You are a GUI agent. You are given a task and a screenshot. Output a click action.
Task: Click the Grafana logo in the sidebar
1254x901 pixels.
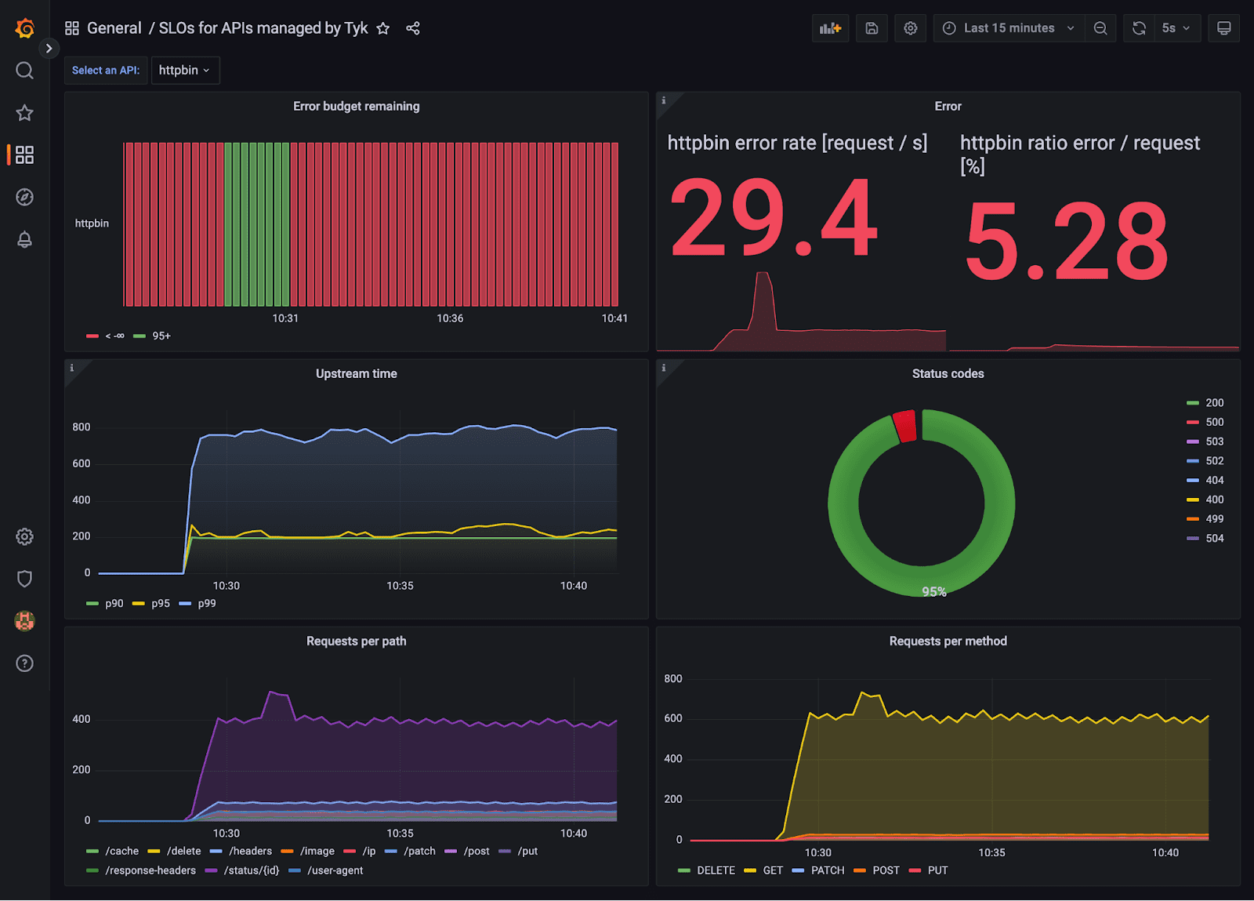point(25,28)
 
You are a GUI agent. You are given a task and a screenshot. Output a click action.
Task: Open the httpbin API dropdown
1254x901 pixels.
point(185,70)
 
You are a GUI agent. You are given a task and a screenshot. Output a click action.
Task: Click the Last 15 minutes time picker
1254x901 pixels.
point(1008,28)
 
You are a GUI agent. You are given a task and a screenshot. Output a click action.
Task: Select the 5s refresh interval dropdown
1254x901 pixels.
point(1175,28)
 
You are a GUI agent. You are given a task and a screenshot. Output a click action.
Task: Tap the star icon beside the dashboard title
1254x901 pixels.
point(382,28)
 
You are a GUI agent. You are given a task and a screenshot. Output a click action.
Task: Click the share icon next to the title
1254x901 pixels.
point(413,28)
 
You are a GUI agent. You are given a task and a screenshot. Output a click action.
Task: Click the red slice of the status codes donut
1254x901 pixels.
point(905,426)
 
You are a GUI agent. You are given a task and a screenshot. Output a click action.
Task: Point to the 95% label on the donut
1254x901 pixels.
point(933,591)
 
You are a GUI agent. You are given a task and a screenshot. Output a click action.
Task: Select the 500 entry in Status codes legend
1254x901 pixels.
point(1214,422)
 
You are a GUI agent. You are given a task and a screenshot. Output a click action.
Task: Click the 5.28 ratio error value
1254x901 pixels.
point(1067,242)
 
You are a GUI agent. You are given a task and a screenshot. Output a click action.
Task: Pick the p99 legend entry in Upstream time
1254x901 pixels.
point(206,603)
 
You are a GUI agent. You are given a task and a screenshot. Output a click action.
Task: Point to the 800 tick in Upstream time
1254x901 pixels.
point(82,427)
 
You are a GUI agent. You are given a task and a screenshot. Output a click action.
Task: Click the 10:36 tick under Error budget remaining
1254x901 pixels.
point(450,318)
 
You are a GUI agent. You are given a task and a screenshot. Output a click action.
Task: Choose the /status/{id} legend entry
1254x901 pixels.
point(251,870)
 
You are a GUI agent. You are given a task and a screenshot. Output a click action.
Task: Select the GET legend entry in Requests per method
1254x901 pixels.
point(772,870)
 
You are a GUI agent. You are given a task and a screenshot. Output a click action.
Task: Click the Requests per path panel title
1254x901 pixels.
point(356,641)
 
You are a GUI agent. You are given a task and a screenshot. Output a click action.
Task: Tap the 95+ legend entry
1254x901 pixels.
point(161,336)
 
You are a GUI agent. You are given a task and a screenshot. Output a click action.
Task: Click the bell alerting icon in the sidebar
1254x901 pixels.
point(25,239)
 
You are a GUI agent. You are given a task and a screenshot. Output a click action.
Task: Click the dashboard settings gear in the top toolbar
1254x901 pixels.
point(910,28)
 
